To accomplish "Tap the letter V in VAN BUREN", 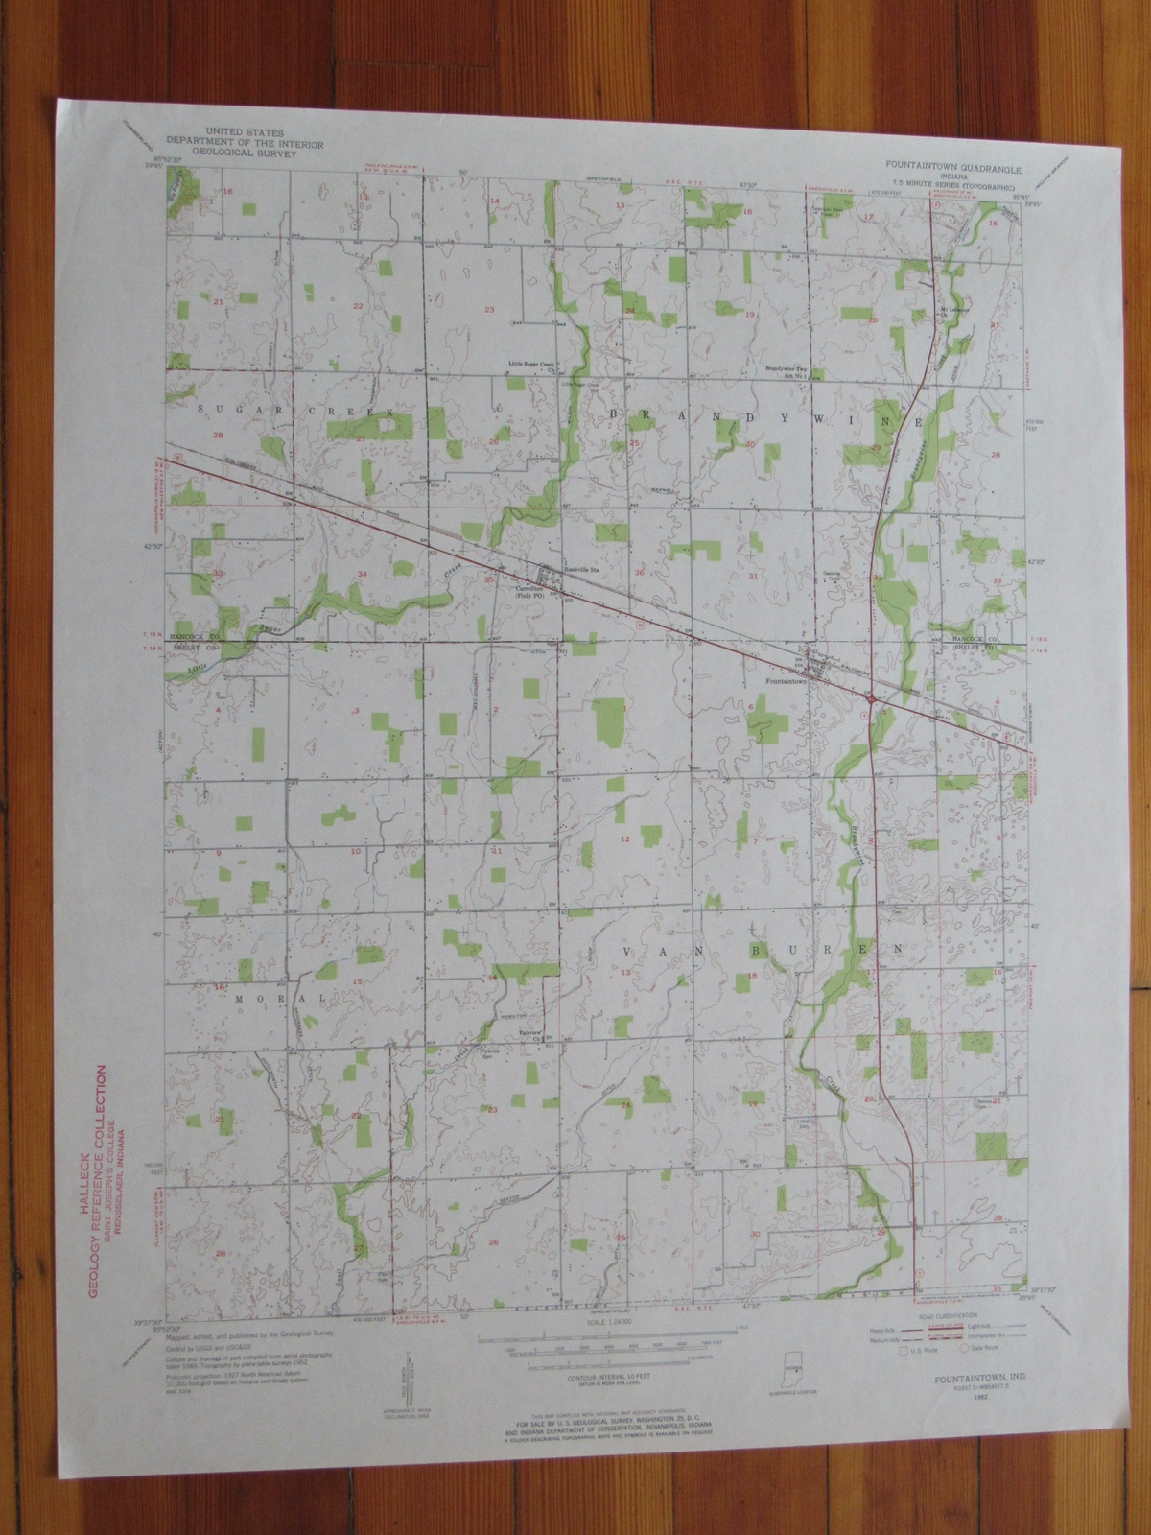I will click(631, 952).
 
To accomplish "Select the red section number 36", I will click(640, 574).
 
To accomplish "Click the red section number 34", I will click(362, 574).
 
